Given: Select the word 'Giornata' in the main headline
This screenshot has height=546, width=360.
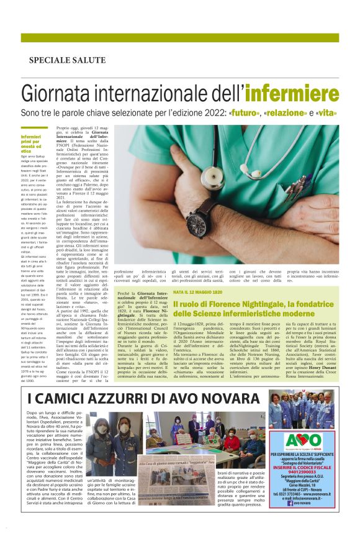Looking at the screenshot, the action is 55,93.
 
